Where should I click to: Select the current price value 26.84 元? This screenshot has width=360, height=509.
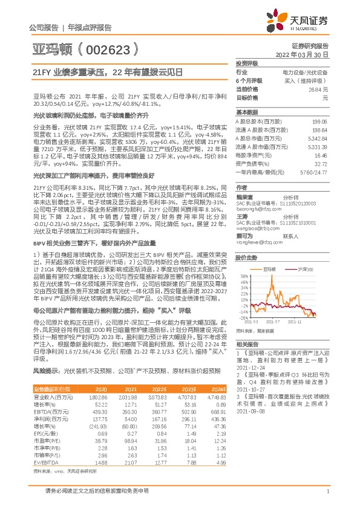318,89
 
